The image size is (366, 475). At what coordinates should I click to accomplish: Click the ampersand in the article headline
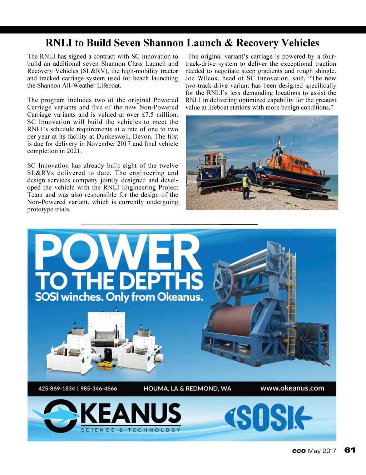(228, 43)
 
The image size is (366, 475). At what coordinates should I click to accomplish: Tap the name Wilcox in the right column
(208, 78)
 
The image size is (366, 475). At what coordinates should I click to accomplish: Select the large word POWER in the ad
(118, 252)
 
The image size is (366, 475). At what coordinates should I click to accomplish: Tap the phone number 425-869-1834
(56, 389)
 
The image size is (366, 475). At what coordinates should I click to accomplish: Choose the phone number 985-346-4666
(99, 389)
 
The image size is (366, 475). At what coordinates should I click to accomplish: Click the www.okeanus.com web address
(292, 388)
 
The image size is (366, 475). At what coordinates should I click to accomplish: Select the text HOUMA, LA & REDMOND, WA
(187, 389)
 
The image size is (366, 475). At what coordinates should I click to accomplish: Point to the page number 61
(350, 450)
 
